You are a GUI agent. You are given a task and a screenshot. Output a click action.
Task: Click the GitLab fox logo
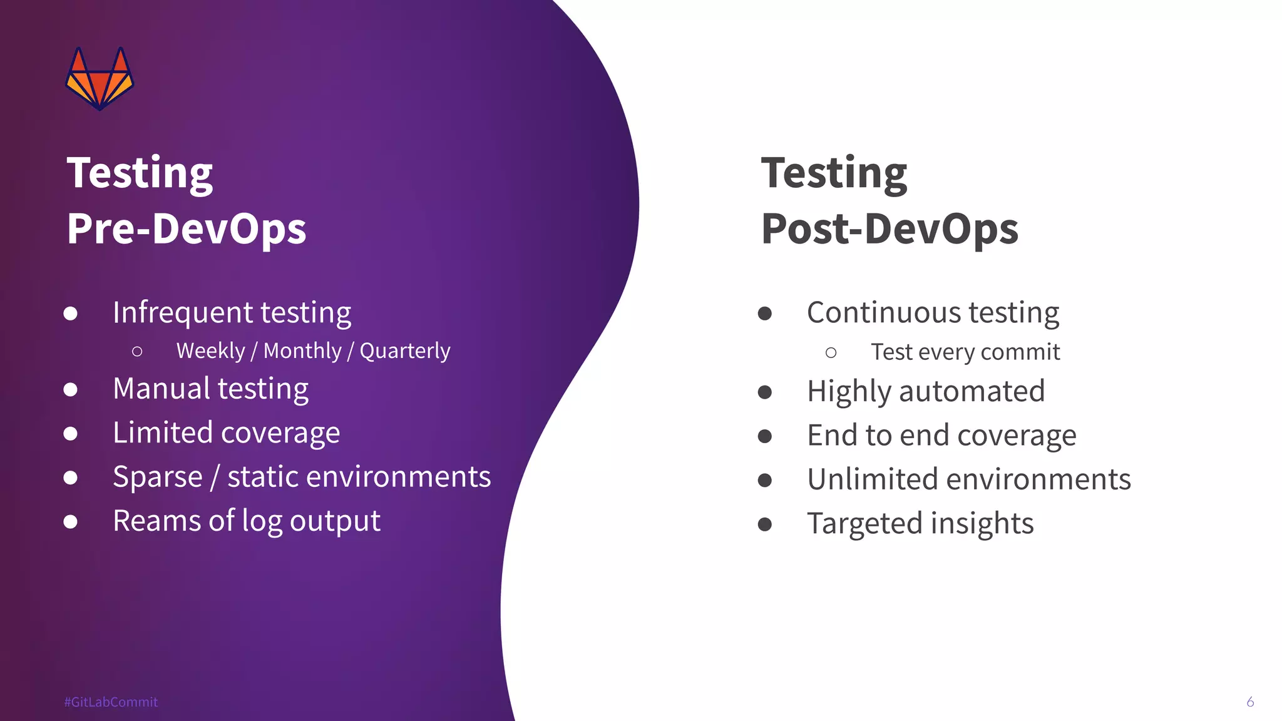click(100, 79)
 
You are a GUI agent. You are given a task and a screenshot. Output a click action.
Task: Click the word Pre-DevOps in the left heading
click(187, 228)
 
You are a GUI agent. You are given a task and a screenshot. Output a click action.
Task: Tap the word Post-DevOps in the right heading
click(889, 228)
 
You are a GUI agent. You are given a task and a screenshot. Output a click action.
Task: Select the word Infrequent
click(182, 312)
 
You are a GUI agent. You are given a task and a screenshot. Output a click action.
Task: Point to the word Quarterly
click(404, 351)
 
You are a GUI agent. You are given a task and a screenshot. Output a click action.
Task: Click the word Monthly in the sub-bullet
click(302, 351)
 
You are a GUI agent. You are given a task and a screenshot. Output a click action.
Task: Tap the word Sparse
click(157, 478)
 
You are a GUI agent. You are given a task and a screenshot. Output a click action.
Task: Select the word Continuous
click(883, 312)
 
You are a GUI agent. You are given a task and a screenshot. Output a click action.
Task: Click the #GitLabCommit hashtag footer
click(111, 702)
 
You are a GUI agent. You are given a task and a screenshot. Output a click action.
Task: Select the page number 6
click(1249, 702)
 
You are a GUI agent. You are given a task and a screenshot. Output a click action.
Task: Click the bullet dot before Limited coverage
click(71, 434)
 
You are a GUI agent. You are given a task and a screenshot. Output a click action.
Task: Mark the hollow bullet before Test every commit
click(831, 353)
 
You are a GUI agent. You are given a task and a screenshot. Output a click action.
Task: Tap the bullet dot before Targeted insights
click(764, 524)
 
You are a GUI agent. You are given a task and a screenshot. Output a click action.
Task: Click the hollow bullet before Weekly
click(137, 352)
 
